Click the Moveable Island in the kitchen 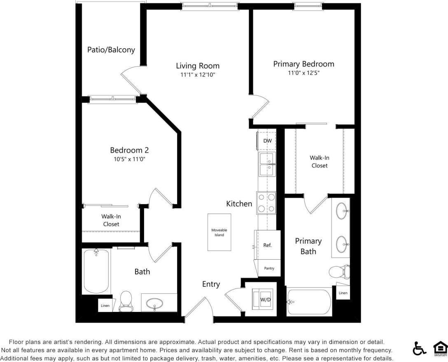click(x=219, y=232)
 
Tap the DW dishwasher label click(x=267, y=141)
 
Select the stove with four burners click(x=266, y=203)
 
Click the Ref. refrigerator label click(x=267, y=245)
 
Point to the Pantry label click(x=269, y=268)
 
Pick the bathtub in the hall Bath click(x=96, y=271)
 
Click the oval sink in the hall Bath click(x=154, y=304)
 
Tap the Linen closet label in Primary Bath click(x=343, y=293)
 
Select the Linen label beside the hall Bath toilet click(x=105, y=305)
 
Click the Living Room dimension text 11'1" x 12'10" click(x=198, y=75)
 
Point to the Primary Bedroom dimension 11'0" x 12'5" click(x=304, y=73)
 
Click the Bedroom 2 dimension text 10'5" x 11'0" click(x=129, y=159)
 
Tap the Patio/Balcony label click(x=111, y=50)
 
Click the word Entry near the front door click(x=211, y=284)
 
